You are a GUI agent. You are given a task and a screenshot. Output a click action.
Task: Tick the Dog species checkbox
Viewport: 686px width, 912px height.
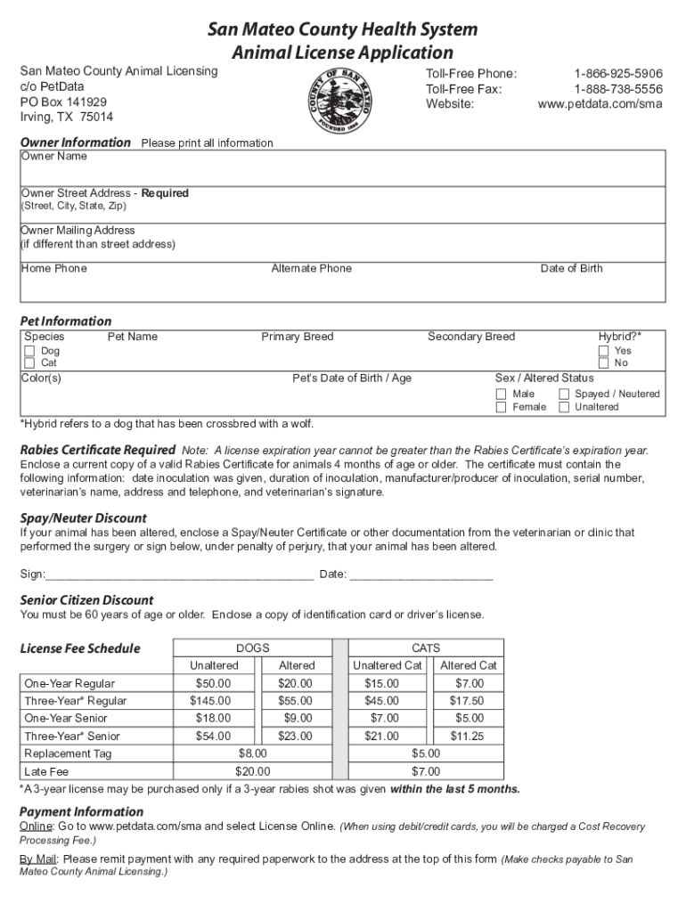click(29, 351)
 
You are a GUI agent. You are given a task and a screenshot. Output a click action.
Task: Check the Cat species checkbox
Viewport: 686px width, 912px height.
click(29, 363)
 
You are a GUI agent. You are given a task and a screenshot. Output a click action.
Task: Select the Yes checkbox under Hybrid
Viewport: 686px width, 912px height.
click(604, 351)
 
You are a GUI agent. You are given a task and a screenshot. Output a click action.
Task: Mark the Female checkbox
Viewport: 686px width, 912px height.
click(502, 407)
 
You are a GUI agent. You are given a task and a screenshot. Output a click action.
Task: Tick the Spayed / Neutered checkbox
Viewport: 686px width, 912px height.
click(564, 394)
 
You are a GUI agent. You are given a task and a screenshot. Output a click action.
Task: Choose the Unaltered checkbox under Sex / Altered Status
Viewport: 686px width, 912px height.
click(564, 407)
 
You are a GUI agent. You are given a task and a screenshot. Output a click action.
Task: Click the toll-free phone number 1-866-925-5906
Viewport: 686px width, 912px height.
click(617, 74)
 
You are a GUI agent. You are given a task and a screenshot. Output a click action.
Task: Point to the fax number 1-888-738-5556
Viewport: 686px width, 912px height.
click(617, 89)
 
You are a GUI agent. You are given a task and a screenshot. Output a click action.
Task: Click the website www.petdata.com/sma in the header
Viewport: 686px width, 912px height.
click(600, 103)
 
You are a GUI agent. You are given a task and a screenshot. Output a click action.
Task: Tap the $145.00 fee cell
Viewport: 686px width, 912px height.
click(213, 701)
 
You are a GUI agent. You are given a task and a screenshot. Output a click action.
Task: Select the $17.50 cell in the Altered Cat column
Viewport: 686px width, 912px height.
click(468, 701)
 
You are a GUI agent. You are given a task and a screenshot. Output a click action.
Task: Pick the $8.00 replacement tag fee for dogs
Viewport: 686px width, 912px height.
click(252, 753)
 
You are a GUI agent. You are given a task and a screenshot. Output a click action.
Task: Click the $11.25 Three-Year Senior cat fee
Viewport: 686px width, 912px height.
click(468, 736)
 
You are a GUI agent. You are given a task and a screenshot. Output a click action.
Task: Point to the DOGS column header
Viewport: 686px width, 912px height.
click(252, 648)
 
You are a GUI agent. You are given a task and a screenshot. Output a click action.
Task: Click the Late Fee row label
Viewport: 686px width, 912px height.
click(46, 771)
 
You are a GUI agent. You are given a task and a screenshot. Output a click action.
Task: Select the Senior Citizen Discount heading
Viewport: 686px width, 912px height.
click(86, 599)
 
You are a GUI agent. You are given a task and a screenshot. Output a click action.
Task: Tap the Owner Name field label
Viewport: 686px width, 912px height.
click(54, 157)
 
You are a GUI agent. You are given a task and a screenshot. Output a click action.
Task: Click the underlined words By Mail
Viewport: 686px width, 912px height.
click(38, 859)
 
